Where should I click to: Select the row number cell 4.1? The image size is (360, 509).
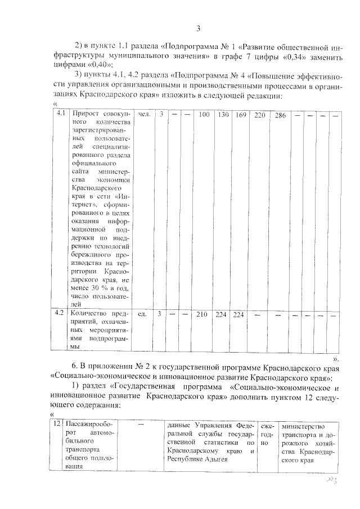[60, 114]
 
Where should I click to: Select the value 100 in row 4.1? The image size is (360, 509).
[204, 115]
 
